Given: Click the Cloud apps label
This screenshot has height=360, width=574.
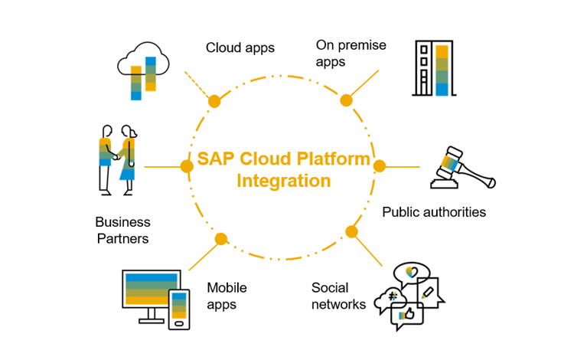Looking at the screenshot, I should click(240, 47).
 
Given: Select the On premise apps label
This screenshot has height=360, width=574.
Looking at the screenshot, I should click(351, 54).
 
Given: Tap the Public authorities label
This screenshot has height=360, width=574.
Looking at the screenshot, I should click(434, 212).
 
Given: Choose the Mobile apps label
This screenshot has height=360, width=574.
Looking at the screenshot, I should click(227, 296).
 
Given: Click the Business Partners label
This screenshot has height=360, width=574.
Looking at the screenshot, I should click(122, 230).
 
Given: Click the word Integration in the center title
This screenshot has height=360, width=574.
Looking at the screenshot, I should click(284, 182).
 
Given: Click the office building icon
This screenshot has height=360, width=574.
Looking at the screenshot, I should click(432, 68).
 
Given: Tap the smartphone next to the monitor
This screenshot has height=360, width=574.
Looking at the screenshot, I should click(179, 309).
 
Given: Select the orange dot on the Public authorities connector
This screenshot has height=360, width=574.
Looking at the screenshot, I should click(379, 165).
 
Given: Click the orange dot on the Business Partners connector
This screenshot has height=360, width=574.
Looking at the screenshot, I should click(186, 166).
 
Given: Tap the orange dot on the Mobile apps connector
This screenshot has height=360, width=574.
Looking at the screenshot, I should click(221, 239).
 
